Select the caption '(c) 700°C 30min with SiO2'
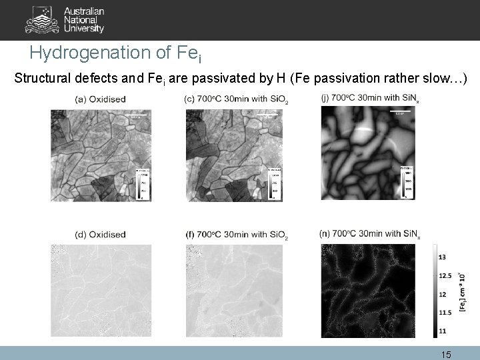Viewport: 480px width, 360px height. pyautogui.click(x=236, y=100)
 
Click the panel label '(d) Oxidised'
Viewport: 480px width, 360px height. pyautogui.click(x=101, y=235)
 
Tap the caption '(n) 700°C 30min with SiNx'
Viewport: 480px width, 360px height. pyautogui.click(x=370, y=234)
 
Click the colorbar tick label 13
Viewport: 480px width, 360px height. pyautogui.click(x=443, y=257)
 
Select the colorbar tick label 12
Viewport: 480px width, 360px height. pyautogui.click(x=443, y=293)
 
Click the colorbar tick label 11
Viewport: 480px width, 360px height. pyautogui.click(x=443, y=331)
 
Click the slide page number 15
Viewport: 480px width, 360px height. pyautogui.click(x=447, y=355)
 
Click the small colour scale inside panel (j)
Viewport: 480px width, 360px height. pyautogui.click(x=407, y=182)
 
